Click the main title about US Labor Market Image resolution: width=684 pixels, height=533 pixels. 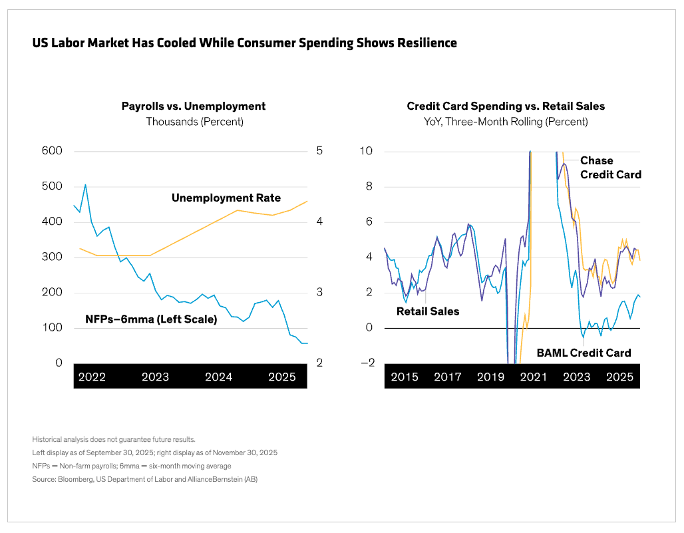click(244, 43)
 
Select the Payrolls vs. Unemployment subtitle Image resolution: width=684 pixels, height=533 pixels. click(194, 106)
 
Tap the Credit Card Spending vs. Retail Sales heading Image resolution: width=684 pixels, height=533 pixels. click(506, 106)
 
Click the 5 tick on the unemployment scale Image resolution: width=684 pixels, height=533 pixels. click(319, 151)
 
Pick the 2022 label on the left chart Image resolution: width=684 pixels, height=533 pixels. click(92, 377)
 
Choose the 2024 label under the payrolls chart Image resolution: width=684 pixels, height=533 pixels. click(218, 377)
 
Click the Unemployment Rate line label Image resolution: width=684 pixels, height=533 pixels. click(226, 198)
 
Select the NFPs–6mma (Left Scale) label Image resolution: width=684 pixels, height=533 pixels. click(151, 319)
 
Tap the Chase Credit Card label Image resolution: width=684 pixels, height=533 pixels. click(610, 168)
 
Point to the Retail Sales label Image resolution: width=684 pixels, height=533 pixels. click(428, 311)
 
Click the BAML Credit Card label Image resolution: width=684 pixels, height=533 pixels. click(584, 353)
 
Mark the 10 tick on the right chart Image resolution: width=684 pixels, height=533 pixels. click(367, 151)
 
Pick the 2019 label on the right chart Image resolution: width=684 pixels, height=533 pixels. click(490, 377)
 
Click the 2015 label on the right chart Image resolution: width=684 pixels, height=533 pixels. click(405, 377)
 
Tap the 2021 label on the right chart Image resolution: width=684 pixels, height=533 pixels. click(534, 377)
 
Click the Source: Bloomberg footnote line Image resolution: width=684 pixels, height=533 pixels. click(144, 479)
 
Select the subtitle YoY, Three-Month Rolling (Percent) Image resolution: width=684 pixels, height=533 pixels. click(506, 122)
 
